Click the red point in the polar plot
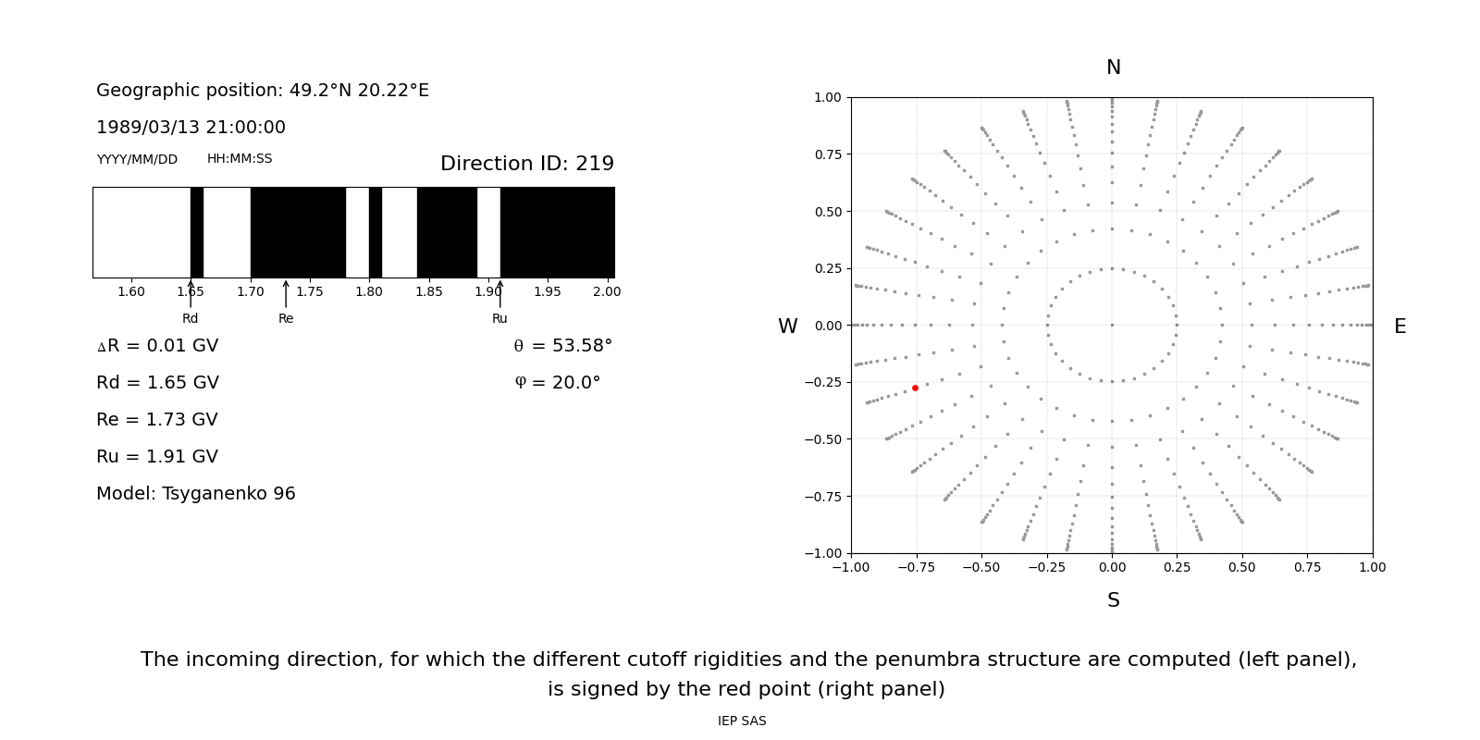point(915,388)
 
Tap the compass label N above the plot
point(1113,68)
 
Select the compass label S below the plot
point(1113,600)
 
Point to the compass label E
point(1400,327)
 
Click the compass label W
point(787,327)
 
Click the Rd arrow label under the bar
point(191,319)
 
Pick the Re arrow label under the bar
point(286,319)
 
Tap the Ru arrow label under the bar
point(499,319)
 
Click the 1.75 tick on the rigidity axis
point(310,292)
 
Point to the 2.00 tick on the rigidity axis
point(607,292)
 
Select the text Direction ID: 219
point(527,164)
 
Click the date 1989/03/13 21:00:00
point(191,128)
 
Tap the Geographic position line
point(263,91)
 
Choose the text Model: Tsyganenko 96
point(196,494)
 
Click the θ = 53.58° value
point(562,346)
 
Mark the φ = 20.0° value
point(557,383)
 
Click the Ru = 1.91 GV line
point(157,457)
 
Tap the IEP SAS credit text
point(742,721)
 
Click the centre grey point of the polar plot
point(1112,325)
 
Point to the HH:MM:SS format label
point(240,159)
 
